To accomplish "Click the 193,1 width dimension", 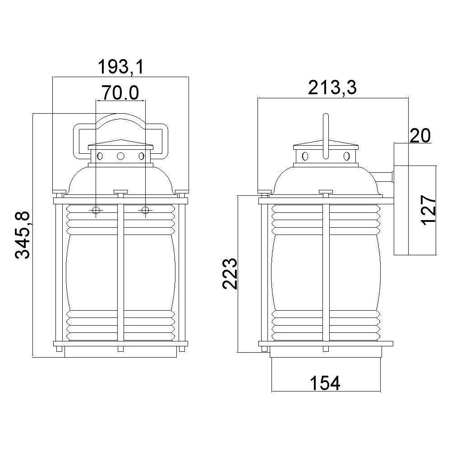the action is (120, 67).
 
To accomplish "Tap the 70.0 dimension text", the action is (120, 93).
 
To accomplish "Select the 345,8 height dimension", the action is (23, 235).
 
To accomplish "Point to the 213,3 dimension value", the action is (332, 87).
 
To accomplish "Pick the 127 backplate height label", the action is (428, 210).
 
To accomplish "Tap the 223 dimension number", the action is (230, 274).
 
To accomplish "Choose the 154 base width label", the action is (325, 383).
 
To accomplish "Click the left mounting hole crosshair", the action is (96, 211).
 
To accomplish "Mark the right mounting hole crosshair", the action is (145, 211).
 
